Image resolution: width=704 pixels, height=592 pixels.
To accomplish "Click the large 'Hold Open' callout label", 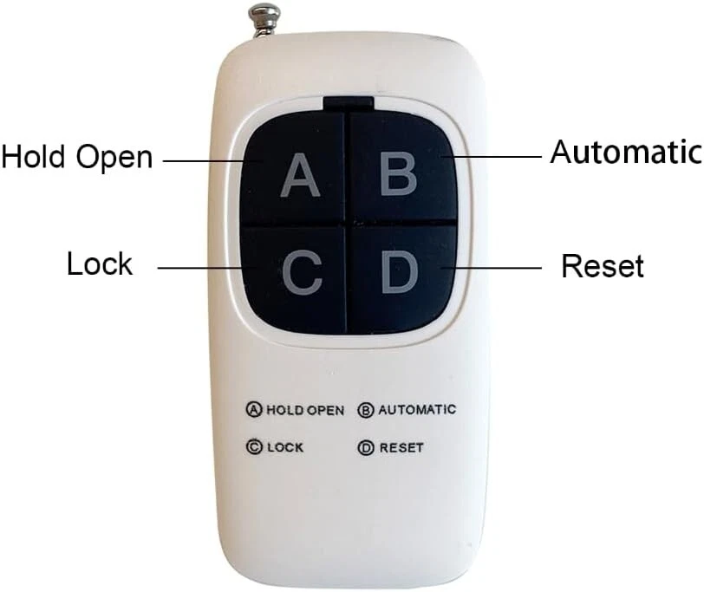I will coord(77,158).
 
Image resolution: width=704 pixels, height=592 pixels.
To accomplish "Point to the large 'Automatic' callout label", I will coord(625,153).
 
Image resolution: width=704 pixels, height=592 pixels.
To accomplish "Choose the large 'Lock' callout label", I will coord(100,264).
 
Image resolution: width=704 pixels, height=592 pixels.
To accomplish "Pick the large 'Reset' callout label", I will coord(603,266).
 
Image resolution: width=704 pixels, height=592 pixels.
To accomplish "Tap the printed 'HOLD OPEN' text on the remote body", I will coord(305,410).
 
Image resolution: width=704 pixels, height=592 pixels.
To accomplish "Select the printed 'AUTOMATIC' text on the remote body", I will coord(417,409).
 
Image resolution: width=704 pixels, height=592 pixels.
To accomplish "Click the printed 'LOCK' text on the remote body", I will coord(286,448).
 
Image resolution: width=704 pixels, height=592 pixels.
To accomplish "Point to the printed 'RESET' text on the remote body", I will coord(401,448).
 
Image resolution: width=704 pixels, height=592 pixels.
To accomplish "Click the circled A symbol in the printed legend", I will coord(254,410).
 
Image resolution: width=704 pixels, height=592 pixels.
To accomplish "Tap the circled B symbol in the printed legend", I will coord(366,409).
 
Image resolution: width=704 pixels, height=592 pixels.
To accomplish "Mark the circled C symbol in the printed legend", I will coord(254,448).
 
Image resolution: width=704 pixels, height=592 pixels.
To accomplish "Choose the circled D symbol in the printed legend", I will coord(366,448).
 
